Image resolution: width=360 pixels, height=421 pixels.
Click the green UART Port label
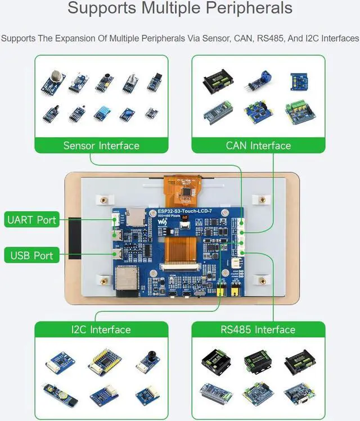(31, 220)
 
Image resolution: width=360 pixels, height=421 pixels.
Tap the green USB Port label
(31, 256)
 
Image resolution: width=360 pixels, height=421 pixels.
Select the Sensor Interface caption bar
(101, 146)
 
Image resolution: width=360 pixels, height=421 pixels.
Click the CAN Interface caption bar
(258, 146)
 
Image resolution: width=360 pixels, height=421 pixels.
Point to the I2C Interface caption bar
(101, 329)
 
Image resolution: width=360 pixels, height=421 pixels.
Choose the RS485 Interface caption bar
(258, 329)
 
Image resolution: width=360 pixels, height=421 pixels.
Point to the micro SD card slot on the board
(134, 215)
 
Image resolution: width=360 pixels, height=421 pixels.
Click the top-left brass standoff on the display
(103, 199)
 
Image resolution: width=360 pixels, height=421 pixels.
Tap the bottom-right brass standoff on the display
(261, 280)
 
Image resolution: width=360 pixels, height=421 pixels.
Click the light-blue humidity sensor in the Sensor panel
(103, 114)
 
